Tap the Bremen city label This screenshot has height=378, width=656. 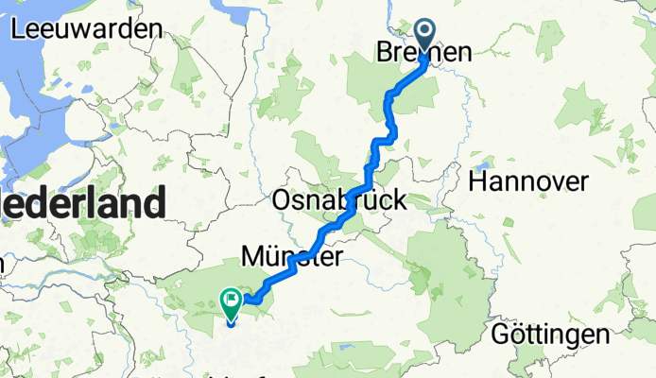[423, 55]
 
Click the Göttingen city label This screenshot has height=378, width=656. [550, 334]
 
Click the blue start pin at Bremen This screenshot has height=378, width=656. [422, 38]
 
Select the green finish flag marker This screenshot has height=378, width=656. [231, 302]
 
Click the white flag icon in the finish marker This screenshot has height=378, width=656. [231, 301]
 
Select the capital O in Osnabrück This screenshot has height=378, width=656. [282, 200]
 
